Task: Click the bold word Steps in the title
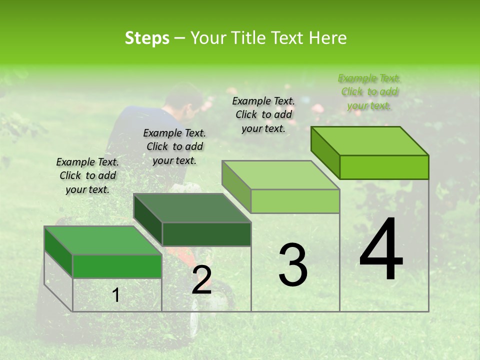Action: [147, 38]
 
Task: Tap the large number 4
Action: [381, 250]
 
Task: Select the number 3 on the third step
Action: [292, 264]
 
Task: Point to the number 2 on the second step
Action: [201, 280]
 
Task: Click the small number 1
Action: [116, 295]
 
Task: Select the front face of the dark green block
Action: [206, 234]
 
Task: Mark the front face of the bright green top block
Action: [384, 167]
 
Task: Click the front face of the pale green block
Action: [295, 201]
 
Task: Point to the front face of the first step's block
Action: [117, 266]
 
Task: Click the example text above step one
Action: [87, 175]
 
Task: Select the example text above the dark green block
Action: [174, 146]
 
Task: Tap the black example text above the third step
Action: [263, 114]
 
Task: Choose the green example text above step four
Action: [369, 91]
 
